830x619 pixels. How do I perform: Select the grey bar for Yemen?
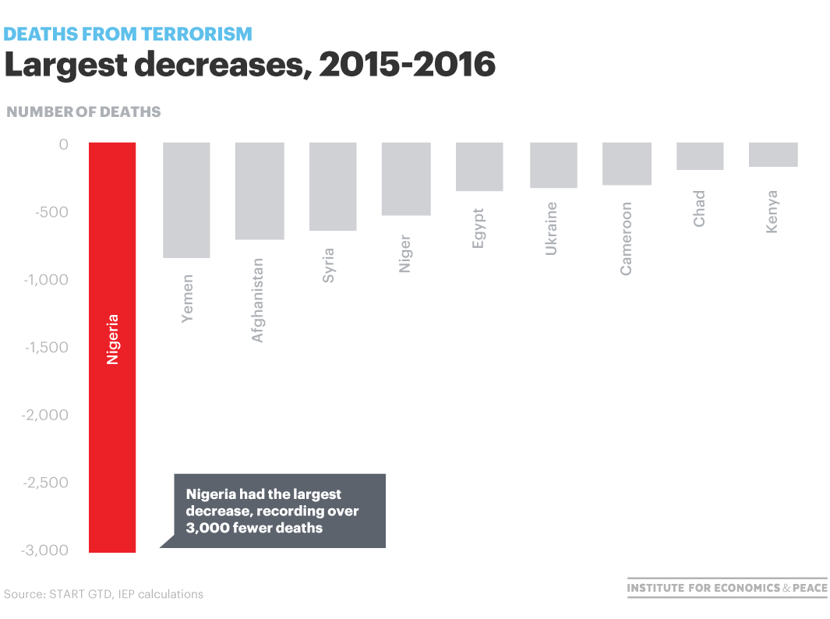(185, 200)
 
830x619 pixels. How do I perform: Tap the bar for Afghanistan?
(259, 190)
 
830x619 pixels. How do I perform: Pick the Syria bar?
(333, 186)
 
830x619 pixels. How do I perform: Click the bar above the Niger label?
(406, 179)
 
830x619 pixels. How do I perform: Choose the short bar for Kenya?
(773, 154)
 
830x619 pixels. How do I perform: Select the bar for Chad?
(700, 156)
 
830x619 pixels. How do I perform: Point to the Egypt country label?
(479, 228)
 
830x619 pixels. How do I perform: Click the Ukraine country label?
(552, 228)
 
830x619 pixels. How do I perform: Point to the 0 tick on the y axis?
(63, 144)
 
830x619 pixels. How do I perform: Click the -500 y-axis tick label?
(51, 212)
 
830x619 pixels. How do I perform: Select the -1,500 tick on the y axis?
(47, 347)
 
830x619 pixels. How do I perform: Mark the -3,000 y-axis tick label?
(46, 550)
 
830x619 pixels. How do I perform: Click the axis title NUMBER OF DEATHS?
(83, 111)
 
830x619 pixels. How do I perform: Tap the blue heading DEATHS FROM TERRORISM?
(129, 34)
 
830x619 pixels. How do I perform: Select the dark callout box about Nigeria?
(279, 511)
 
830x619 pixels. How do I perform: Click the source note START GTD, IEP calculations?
(104, 594)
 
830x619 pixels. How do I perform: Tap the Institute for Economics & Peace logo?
(726, 588)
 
